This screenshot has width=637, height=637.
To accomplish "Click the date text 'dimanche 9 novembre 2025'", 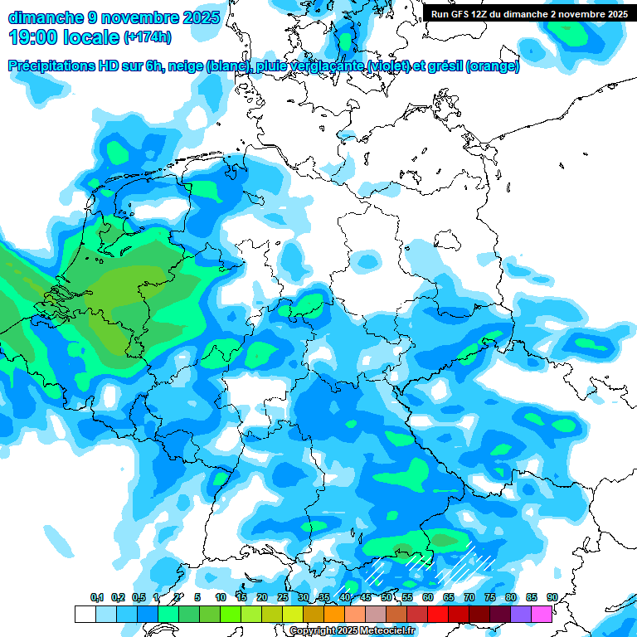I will click(114, 17).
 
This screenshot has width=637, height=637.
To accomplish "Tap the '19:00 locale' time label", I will click(64, 37).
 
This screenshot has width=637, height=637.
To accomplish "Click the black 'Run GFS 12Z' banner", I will click(529, 14).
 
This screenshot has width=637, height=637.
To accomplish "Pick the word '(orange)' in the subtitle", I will click(493, 66).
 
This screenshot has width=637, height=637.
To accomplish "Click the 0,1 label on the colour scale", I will click(97, 597).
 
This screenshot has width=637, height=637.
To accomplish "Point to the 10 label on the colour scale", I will click(221, 597).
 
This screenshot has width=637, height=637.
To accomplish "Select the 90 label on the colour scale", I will click(552, 597).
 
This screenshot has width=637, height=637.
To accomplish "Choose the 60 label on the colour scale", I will click(428, 597).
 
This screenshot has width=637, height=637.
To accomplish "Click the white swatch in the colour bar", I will click(85, 614).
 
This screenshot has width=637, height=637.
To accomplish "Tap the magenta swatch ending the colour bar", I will click(541, 614).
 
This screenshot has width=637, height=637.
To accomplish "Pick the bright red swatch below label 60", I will click(437, 614).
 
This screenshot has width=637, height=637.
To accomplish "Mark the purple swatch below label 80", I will click(520, 614).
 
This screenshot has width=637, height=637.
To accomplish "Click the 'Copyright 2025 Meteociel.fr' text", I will click(352, 630).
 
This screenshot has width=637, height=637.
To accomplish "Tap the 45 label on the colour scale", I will click(366, 597).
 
